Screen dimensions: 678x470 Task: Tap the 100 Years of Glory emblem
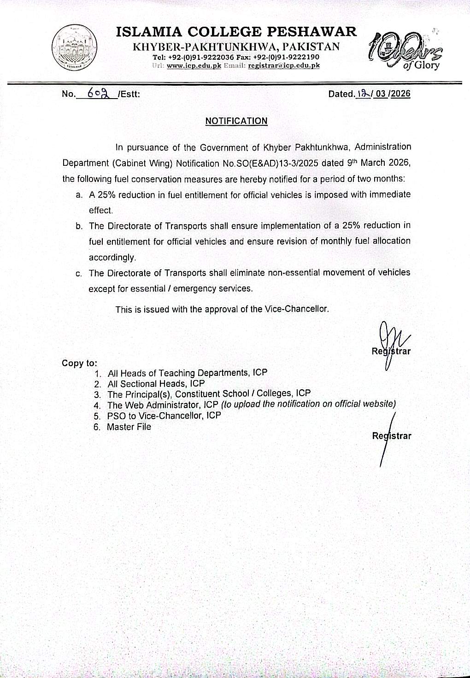[x=404, y=51]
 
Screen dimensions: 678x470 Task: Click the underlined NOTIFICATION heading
[x=236, y=121]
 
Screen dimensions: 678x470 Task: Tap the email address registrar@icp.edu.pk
[x=284, y=65]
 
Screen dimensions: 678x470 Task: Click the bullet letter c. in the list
[x=79, y=274]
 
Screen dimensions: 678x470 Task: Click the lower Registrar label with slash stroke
[x=391, y=436]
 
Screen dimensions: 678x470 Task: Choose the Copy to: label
[x=79, y=363]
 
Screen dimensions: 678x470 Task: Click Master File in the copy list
[x=129, y=427]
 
